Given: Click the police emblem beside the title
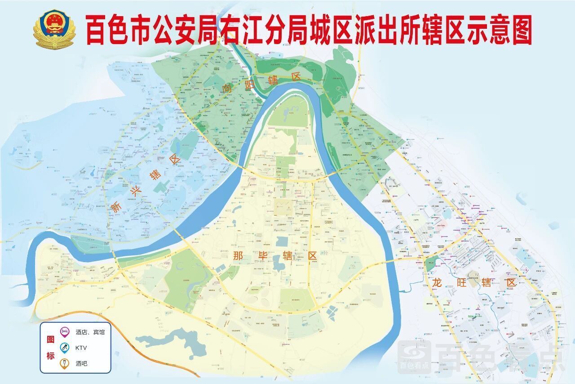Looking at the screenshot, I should (54, 29).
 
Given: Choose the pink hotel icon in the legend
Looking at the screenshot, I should (65, 332).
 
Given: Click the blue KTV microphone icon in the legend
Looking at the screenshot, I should (65, 348).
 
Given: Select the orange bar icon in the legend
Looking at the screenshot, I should (65, 363).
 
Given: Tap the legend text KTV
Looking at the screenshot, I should (81, 348).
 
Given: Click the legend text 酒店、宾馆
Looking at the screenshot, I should (90, 332).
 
